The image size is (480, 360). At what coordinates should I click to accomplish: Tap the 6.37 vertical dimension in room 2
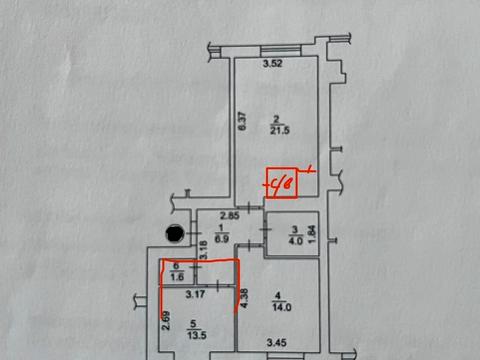point(241,121)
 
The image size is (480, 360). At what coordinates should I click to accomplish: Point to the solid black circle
point(175,234)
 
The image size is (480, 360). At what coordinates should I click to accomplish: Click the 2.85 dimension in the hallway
point(229,216)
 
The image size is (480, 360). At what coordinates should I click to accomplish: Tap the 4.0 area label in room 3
point(294,240)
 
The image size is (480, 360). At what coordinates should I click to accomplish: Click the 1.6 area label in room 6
point(177,277)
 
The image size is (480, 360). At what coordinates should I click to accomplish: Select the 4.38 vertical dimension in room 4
point(244,298)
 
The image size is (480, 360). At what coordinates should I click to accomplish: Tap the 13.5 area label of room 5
point(198,336)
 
